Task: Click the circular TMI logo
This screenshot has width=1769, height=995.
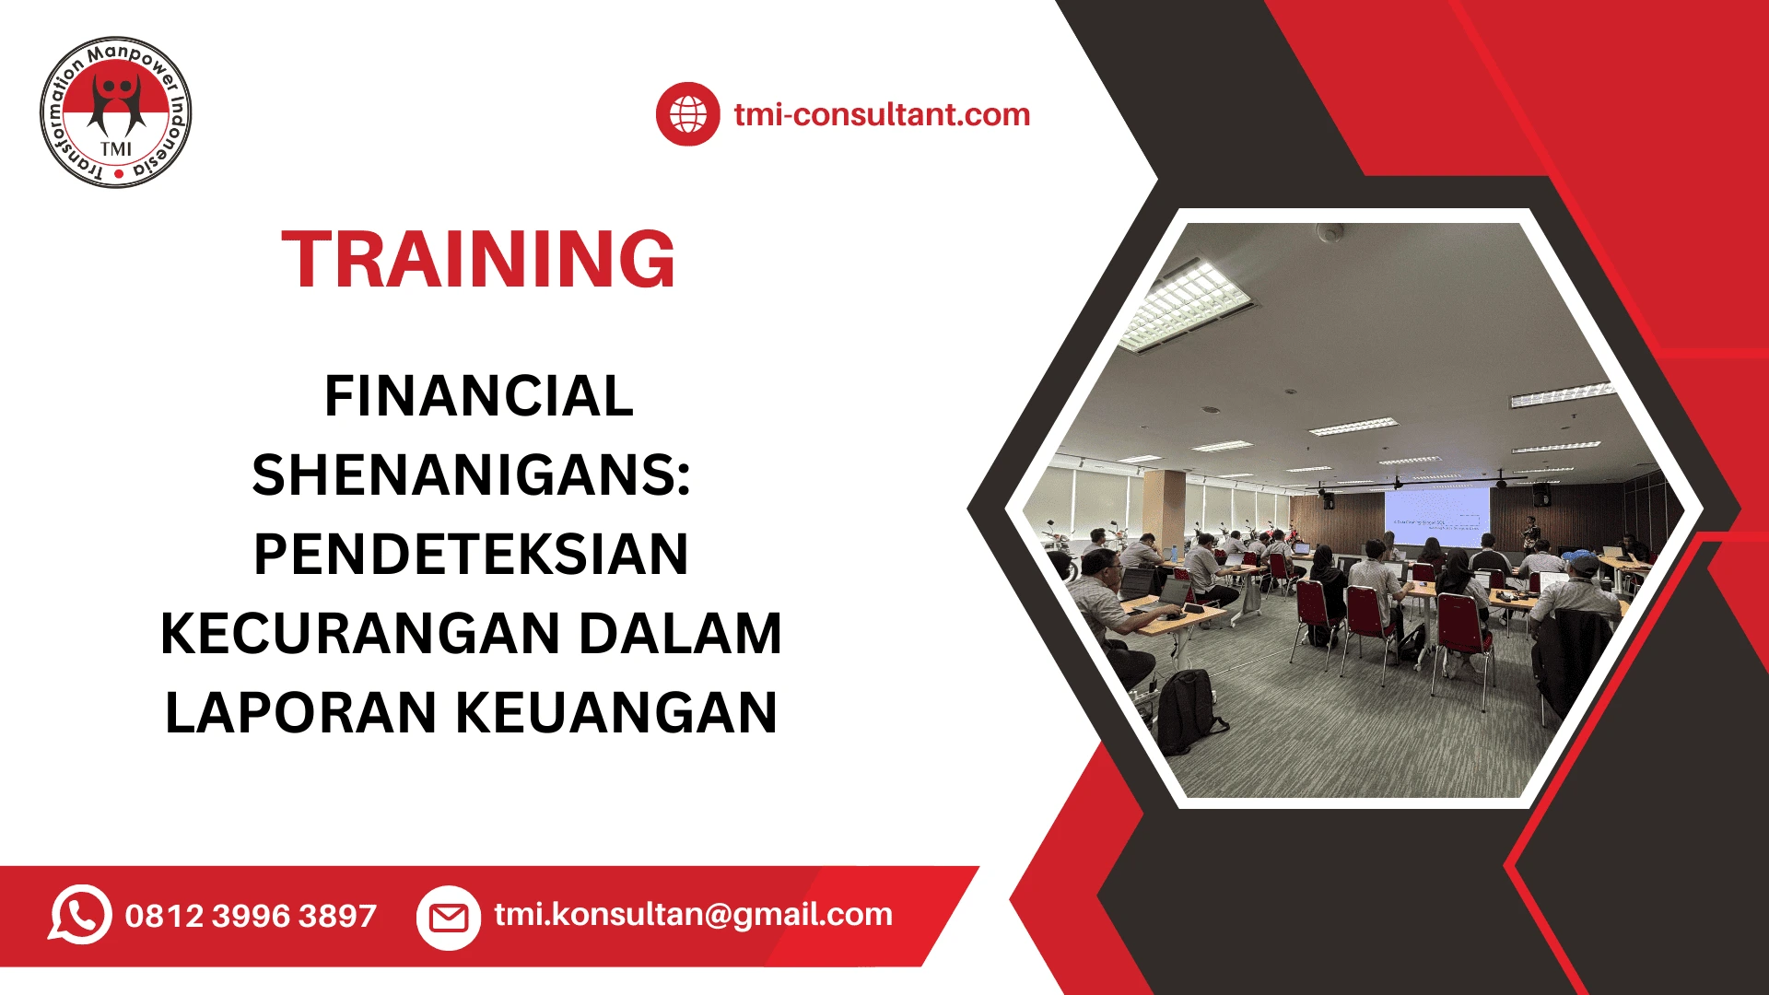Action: tap(116, 112)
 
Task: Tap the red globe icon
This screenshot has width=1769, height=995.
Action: tap(687, 114)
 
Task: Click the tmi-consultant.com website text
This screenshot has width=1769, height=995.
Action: tap(882, 114)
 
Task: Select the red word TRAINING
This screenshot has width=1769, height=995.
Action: tap(478, 260)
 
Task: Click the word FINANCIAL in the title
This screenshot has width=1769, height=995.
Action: tap(478, 396)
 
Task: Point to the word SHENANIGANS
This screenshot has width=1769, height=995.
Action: tap(470, 475)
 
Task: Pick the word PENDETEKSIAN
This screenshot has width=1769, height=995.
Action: tap(471, 555)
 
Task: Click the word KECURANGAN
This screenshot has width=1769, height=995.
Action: tap(360, 634)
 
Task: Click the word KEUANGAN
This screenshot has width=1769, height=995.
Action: tap(616, 713)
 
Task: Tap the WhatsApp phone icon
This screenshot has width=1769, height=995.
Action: tap(80, 915)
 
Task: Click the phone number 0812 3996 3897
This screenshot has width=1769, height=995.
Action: tap(251, 916)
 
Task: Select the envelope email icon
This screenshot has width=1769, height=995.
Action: tap(449, 917)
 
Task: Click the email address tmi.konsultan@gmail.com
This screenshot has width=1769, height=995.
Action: tap(693, 914)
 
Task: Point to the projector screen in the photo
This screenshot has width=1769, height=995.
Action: tap(1435, 520)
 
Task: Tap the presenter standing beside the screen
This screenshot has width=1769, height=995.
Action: tap(1530, 533)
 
